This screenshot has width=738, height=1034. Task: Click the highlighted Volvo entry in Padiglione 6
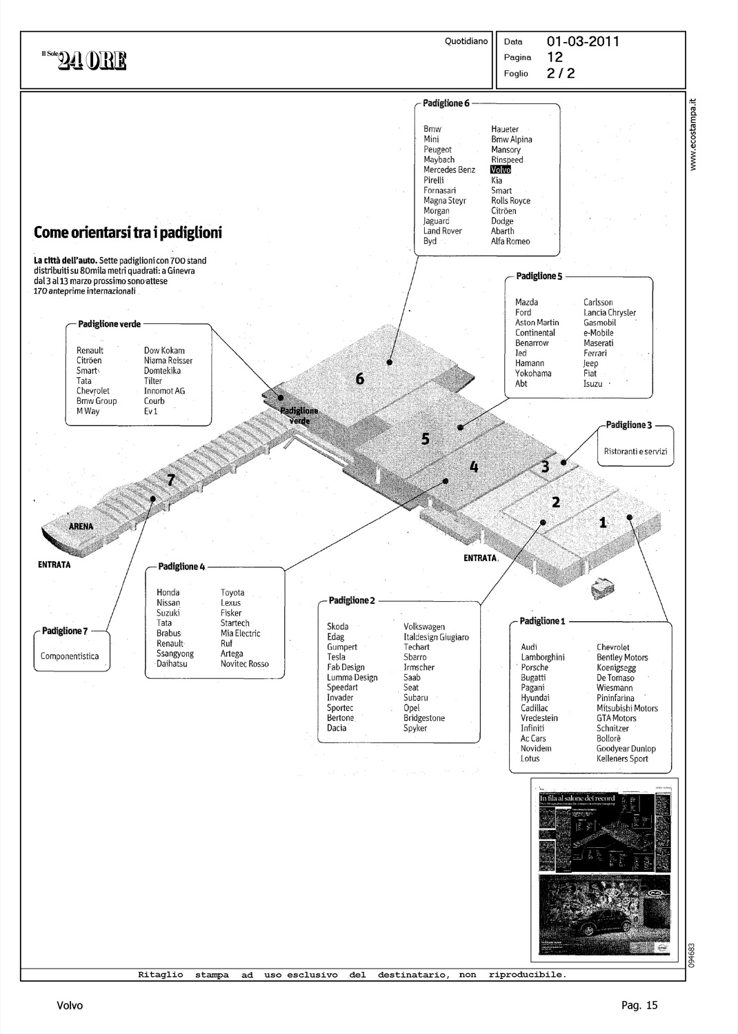(501, 170)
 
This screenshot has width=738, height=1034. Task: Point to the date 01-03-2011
(583, 41)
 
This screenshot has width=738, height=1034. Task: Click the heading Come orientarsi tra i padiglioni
(128, 232)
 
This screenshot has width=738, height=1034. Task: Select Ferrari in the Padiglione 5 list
(595, 353)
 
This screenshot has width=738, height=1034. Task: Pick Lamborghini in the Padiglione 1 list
(543, 658)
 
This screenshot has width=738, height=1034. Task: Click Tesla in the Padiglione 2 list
(336, 657)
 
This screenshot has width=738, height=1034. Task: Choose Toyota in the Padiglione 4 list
(232, 592)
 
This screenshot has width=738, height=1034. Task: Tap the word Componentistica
(69, 656)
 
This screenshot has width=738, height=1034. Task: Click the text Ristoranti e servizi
(635, 452)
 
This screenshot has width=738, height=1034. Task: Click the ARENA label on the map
(81, 526)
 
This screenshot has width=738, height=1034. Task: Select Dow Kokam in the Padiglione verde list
(164, 350)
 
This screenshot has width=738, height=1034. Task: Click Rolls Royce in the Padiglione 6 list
(510, 201)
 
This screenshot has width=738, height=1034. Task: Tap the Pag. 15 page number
(639, 1005)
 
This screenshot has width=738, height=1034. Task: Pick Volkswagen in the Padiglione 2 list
(424, 627)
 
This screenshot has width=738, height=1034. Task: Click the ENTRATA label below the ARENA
(54, 565)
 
